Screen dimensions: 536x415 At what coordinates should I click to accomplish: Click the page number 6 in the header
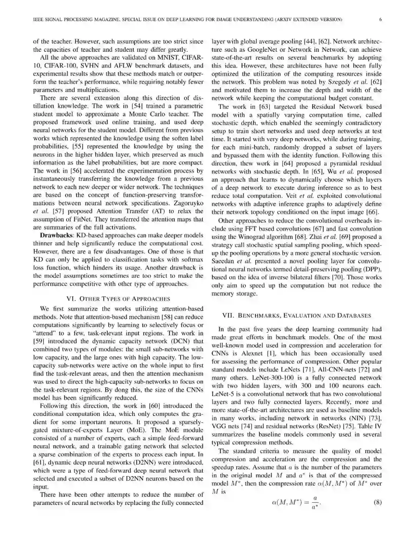click(380, 20)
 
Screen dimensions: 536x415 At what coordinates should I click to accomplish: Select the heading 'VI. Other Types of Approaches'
click(118, 299)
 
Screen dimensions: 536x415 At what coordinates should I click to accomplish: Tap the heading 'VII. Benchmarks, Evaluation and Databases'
click(297, 315)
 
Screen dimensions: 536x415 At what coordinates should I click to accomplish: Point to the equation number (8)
click(377, 502)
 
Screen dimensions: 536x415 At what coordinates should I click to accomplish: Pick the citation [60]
click(154, 406)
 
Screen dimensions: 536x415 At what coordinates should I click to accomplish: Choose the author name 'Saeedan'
click(223, 261)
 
